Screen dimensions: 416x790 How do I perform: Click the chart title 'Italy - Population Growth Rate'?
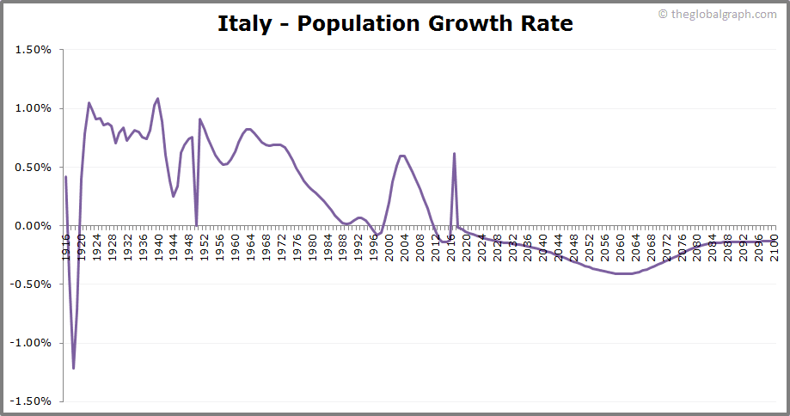pyautogui.click(x=395, y=23)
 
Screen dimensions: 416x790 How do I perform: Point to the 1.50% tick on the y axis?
pyautogui.click(x=34, y=50)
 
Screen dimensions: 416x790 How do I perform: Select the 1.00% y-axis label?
pyautogui.click(x=34, y=108)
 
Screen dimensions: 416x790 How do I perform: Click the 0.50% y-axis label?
pyautogui.click(x=34, y=167)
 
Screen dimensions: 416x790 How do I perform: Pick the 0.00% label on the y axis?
pyautogui.click(x=34, y=225)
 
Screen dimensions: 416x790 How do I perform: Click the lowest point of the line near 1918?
pyautogui.click(x=73, y=368)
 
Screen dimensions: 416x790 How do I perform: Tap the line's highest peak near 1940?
pyautogui.click(x=157, y=99)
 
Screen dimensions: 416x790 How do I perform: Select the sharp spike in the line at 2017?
pyautogui.click(x=454, y=154)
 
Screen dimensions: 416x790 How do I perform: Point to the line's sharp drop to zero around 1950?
pyautogui.click(x=196, y=224)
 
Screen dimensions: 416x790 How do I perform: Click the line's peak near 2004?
pyautogui.click(x=402, y=156)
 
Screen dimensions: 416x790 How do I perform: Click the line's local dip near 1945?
pyautogui.click(x=173, y=196)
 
